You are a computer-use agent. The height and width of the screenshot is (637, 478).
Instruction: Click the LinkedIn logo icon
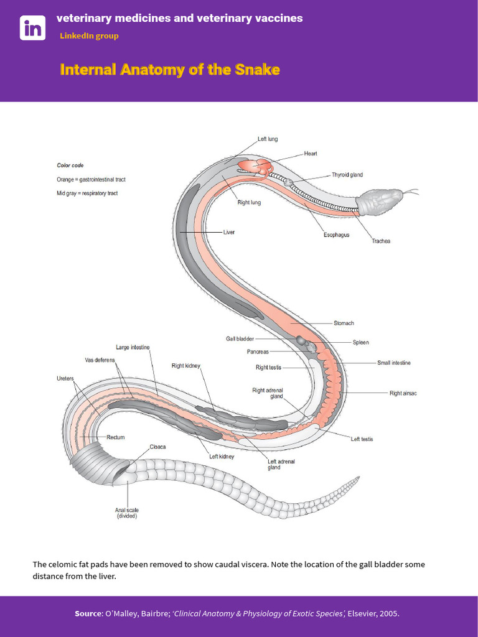(x=32, y=27)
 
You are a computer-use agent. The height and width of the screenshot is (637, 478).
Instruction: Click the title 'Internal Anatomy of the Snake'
(x=170, y=70)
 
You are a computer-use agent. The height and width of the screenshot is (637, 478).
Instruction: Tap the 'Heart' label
(x=311, y=154)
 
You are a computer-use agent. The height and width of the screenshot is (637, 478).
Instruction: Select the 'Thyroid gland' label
(x=347, y=175)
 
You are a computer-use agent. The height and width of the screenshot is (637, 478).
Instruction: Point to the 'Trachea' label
(x=381, y=241)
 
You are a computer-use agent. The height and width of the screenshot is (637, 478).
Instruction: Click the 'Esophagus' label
(x=336, y=235)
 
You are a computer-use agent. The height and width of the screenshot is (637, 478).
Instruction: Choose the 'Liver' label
(x=229, y=232)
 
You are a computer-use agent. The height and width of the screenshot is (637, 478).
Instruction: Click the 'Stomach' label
(x=344, y=323)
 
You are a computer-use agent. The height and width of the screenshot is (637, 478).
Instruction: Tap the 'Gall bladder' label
(x=240, y=338)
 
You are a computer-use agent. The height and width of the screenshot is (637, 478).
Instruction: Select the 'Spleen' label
(x=360, y=343)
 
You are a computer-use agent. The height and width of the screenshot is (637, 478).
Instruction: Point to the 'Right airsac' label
(x=403, y=393)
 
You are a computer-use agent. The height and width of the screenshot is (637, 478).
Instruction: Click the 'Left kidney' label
(x=222, y=456)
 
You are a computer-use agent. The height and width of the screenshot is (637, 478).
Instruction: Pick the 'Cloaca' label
(x=157, y=447)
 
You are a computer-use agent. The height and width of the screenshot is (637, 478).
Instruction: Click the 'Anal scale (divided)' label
(x=127, y=513)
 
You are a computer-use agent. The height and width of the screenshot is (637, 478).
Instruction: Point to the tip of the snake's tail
(x=359, y=477)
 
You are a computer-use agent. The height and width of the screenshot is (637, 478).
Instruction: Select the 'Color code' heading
(x=70, y=165)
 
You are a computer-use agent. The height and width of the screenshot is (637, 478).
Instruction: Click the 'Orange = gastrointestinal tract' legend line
(x=91, y=179)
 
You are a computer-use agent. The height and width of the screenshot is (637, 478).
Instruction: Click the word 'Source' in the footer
(x=88, y=613)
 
